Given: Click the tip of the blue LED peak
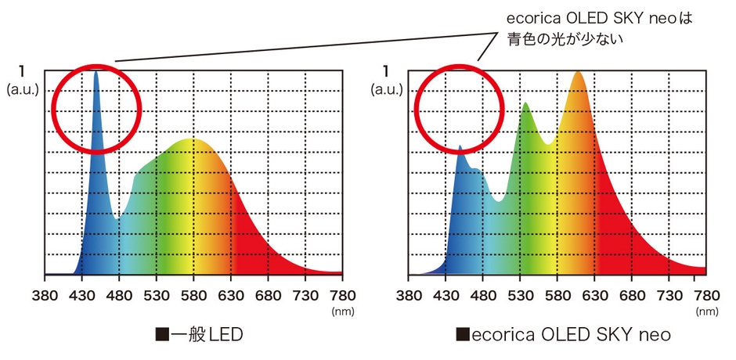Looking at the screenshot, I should point(96,72).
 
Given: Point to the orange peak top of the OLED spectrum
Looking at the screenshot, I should point(578,72).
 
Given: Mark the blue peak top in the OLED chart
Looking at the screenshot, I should point(460,146).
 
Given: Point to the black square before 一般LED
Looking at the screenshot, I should point(163,335).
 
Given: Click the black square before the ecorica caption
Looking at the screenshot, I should point(463,335).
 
